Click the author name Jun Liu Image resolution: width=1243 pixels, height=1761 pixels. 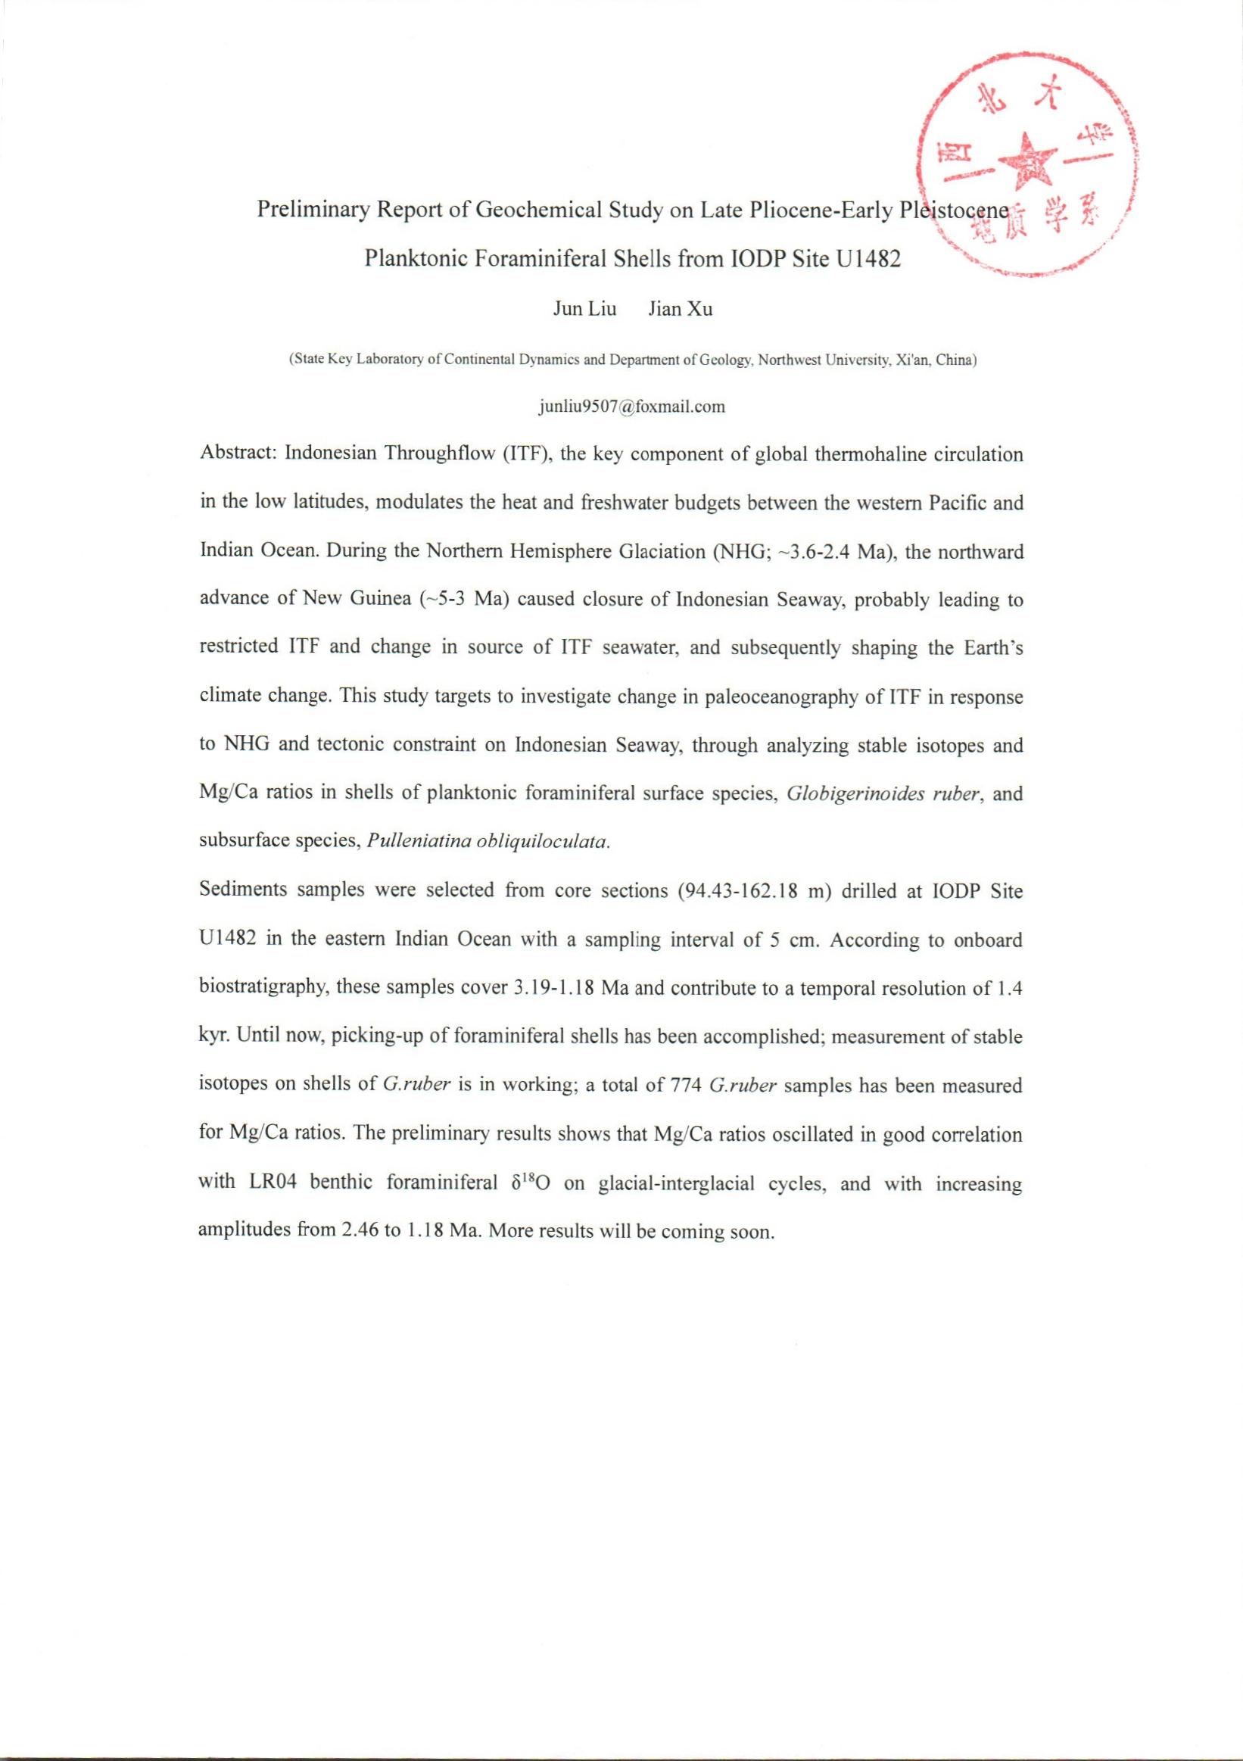pyautogui.click(x=584, y=310)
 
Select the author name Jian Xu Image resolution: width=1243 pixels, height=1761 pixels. pyautogui.click(x=680, y=310)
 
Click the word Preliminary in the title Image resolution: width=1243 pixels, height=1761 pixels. pyautogui.click(x=312, y=210)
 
